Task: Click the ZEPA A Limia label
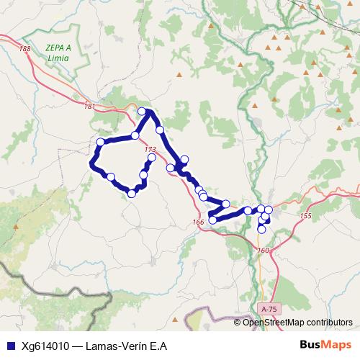(x=58, y=53)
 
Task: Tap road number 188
(x=27, y=48)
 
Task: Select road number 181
(x=89, y=107)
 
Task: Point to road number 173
(x=150, y=150)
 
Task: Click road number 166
(x=199, y=222)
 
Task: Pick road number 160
(x=263, y=250)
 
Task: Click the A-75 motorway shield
(x=269, y=308)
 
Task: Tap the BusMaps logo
(x=325, y=344)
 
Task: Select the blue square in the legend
(x=9, y=345)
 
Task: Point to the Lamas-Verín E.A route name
(x=126, y=345)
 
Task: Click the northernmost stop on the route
(x=142, y=112)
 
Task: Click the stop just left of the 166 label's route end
(x=212, y=220)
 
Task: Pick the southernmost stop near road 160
(x=261, y=230)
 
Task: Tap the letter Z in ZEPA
(x=48, y=48)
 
